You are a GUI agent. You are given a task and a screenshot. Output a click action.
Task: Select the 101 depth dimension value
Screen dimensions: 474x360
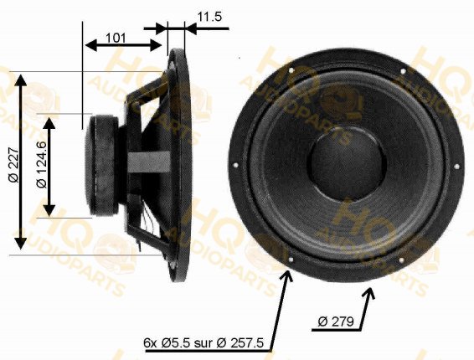coord(116,38)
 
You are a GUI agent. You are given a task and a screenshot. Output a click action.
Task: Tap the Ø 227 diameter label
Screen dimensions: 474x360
coord(14,165)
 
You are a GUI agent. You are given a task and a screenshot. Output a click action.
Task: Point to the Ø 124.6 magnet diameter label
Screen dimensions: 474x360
coord(42,164)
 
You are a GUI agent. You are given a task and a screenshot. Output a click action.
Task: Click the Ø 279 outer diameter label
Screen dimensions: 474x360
coord(336,321)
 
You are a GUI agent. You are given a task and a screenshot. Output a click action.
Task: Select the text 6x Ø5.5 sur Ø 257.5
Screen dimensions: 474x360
coord(204,342)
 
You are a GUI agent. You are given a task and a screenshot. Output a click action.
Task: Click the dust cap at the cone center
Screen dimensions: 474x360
coord(347,166)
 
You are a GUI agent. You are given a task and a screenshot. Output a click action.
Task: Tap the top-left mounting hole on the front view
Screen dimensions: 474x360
coord(291,70)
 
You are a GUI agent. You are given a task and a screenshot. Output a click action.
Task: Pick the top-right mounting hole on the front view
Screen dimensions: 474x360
coord(403,71)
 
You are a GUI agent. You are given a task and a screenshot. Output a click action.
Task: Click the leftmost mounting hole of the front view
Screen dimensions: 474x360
coord(236,165)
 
